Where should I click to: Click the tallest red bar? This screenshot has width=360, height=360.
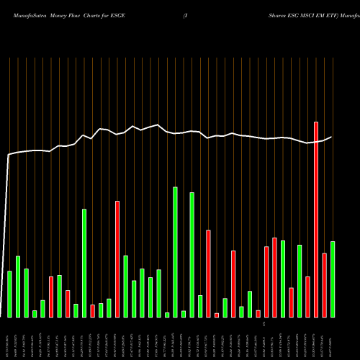[x=316, y=220]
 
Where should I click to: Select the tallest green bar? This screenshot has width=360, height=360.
[x=175, y=252]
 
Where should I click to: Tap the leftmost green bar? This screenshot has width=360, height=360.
[x=9, y=294]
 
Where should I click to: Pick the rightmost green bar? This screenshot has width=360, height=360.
[x=333, y=279]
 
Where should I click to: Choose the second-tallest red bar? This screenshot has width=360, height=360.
[x=117, y=259]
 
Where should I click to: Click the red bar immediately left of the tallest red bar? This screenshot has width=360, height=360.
[x=307, y=297]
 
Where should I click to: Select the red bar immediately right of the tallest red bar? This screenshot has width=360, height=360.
[x=324, y=285]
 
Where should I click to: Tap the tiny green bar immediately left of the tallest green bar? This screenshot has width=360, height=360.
[x=167, y=315]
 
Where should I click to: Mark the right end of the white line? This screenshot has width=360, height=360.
[x=332, y=137]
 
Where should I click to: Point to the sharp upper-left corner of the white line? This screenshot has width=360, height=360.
[x=9, y=155]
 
